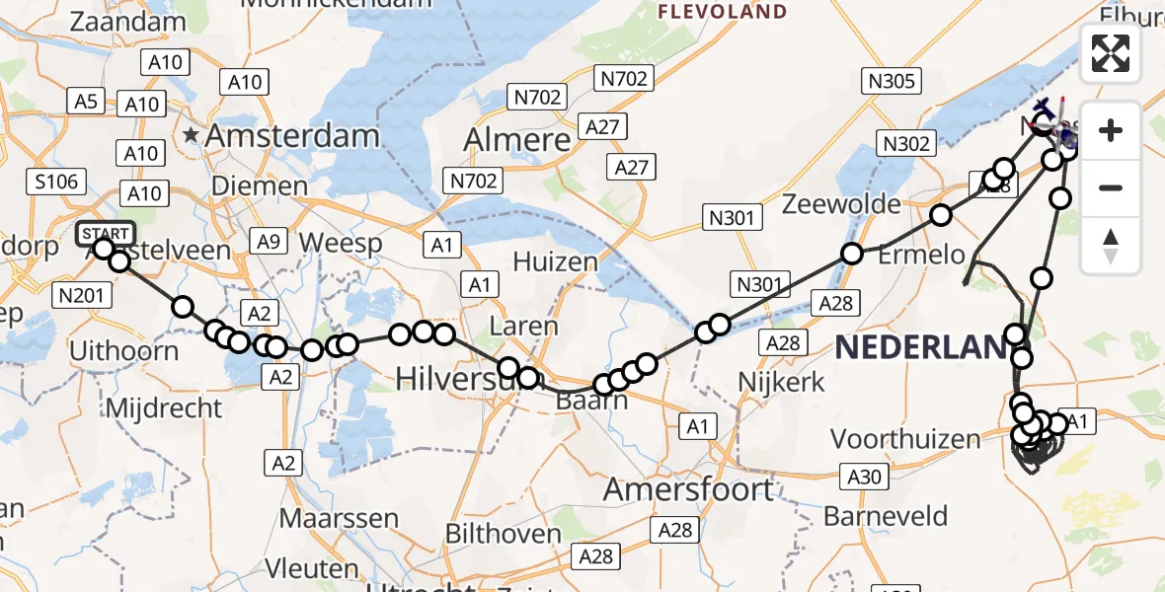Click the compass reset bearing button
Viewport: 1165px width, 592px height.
(x=1111, y=246)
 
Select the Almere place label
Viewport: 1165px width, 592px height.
(x=517, y=139)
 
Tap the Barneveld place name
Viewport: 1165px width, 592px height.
(x=886, y=516)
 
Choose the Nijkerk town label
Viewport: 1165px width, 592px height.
(x=782, y=383)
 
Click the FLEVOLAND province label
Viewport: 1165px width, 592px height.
(x=723, y=12)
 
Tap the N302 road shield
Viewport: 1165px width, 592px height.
(x=906, y=144)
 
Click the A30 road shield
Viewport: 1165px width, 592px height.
(x=864, y=479)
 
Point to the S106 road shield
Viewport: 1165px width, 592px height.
(x=55, y=182)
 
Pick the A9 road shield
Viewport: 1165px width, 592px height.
(x=268, y=241)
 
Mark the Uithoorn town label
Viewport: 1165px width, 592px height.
(x=124, y=351)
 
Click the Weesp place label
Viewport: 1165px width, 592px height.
(x=334, y=243)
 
